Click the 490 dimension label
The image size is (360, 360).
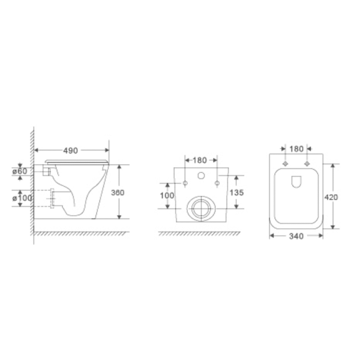pos(70,151)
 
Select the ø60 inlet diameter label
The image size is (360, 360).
pos(20,171)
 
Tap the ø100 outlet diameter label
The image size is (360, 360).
pos(22,198)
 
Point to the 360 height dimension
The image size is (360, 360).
pos(118,193)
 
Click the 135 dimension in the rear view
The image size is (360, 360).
pos(236,193)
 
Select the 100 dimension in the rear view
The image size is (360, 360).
pos(167,196)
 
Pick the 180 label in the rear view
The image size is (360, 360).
pos(200,160)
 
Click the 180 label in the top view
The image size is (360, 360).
pos(296,149)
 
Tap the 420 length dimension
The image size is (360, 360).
pos(331,197)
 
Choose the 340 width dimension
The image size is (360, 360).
pos(296,236)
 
